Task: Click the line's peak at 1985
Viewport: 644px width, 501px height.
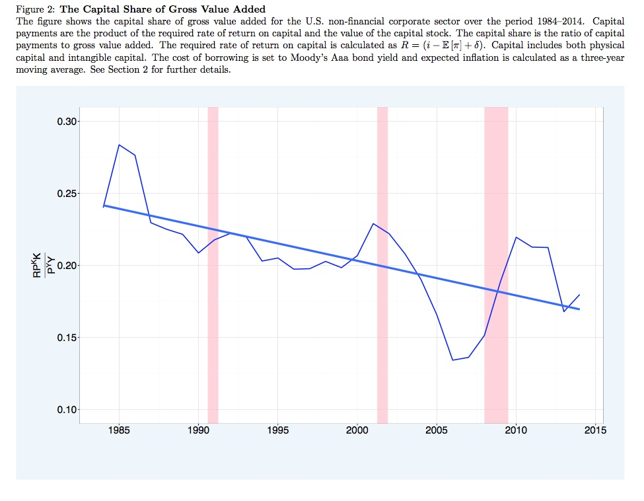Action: tap(119, 145)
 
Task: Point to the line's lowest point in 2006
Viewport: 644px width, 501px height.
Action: tap(452, 360)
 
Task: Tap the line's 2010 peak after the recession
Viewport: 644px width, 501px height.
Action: tap(516, 237)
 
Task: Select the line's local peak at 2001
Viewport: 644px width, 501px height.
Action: tap(373, 223)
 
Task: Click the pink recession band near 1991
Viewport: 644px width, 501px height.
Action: tap(213, 264)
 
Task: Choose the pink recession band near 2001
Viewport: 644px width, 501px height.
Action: tap(382, 264)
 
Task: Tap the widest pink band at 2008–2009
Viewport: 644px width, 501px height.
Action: tap(496, 264)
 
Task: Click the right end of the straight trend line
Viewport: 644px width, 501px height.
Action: tap(579, 309)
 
